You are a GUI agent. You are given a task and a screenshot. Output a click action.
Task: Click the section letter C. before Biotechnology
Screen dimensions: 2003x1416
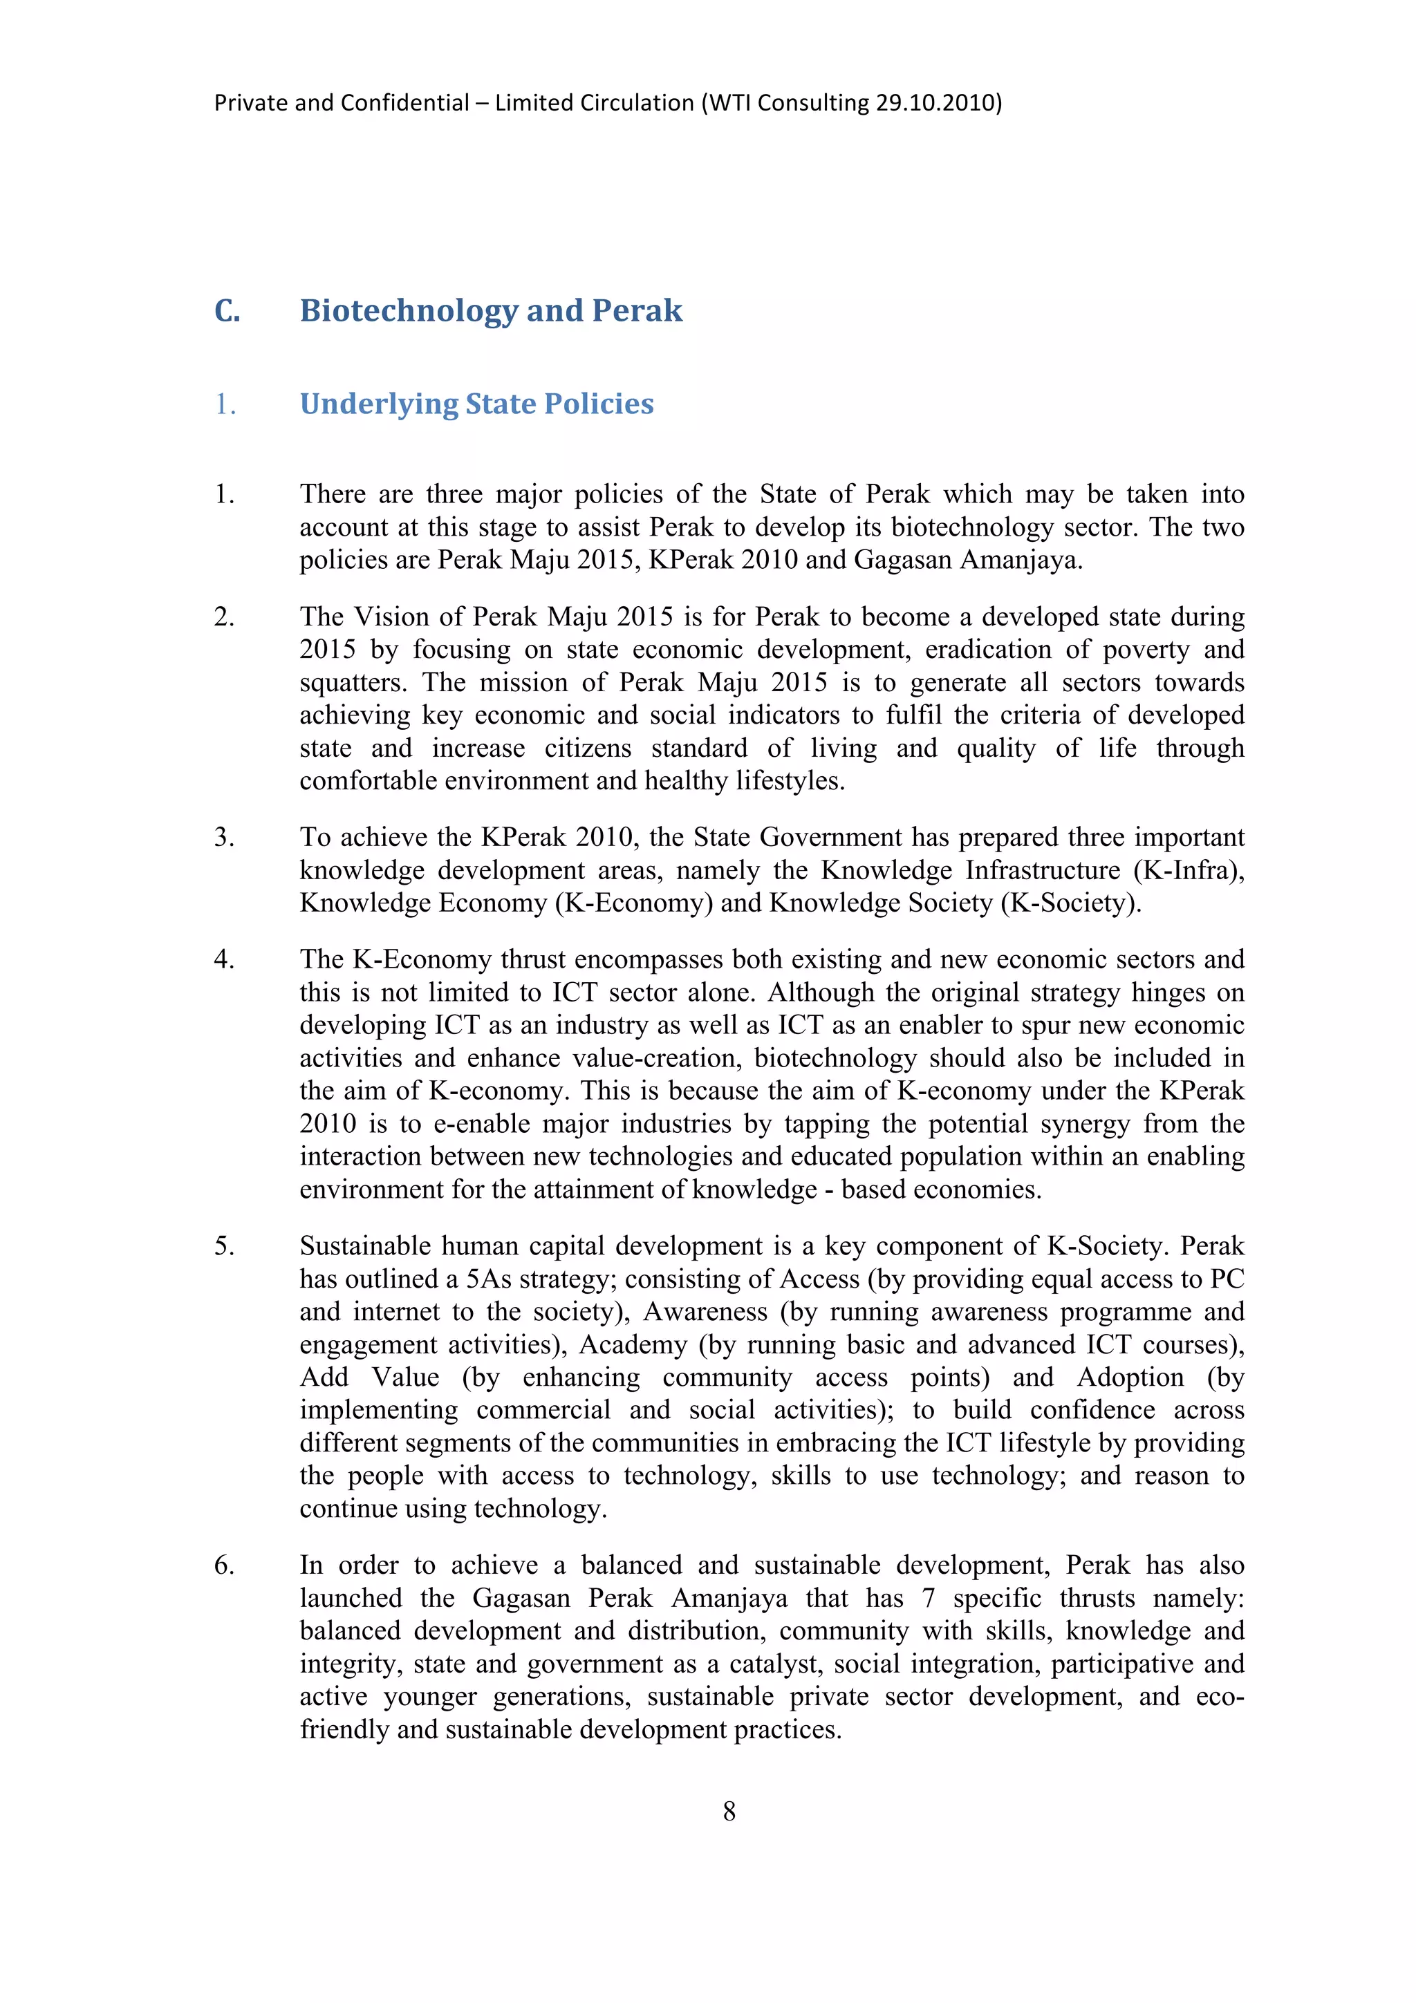227,310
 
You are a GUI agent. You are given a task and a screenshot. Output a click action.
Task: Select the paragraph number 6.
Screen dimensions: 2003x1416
224,1565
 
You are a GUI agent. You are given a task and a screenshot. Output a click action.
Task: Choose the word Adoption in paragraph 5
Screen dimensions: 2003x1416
1130,1377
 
